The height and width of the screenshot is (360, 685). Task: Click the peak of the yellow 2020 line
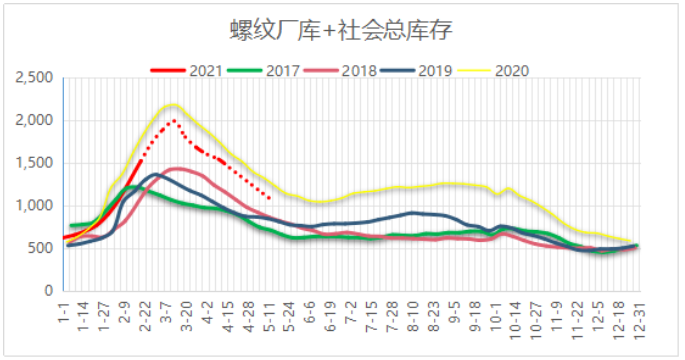[173, 105]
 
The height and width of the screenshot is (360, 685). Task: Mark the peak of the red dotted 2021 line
[173, 121]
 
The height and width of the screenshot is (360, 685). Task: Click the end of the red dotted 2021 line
[269, 198]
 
